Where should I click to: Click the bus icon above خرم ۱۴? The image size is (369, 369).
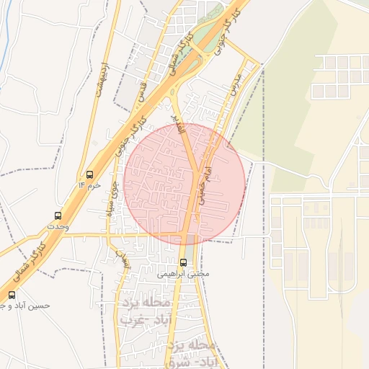tap(89, 174)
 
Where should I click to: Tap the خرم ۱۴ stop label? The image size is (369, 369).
tap(89, 186)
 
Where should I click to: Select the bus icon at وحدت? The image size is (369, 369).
tap(58, 215)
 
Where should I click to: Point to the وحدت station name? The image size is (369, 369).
tap(56, 226)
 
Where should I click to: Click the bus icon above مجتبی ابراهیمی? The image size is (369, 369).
tap(183, 262)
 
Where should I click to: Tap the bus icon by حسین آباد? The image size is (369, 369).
tap(12, 294)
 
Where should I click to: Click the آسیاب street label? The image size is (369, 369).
tap(123, 260)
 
